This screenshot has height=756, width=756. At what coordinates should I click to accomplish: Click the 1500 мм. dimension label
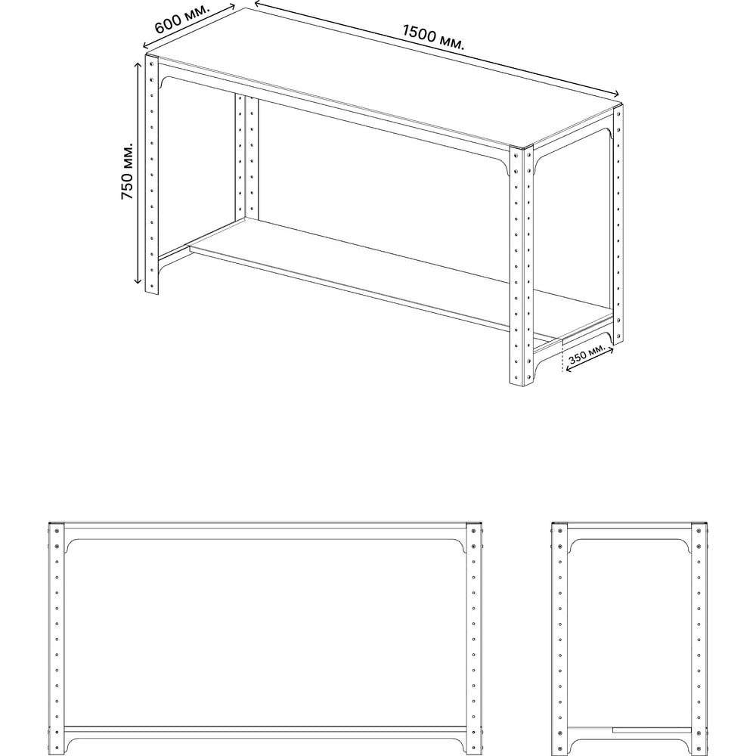pos(433,38)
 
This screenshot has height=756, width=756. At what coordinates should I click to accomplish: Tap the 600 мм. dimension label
pos(182,19)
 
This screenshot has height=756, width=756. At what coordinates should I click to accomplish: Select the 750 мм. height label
pos(127,171)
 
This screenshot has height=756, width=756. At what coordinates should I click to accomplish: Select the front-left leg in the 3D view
pos(152,175)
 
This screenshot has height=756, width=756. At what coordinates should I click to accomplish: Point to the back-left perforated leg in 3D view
pos(247,157)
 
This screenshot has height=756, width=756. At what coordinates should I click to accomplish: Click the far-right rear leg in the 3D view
pos(618,225)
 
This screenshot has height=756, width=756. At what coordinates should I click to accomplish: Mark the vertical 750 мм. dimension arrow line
pos(138,173)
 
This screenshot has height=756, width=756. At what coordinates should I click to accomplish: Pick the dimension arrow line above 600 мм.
pos(190,26)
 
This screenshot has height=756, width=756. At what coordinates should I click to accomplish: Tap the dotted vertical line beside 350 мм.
pos(562,357)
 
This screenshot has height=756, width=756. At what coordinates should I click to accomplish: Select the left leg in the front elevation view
pos(57,639)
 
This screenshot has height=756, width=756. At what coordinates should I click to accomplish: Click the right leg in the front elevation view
pos(474,639)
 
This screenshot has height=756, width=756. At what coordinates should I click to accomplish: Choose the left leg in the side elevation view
pos(559,639)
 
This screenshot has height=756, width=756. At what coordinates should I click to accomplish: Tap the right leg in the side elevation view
pos(699,639)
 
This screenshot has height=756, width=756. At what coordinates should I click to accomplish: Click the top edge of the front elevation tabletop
pos(265,522)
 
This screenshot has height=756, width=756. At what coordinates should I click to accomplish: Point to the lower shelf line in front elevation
pos(265,727)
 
